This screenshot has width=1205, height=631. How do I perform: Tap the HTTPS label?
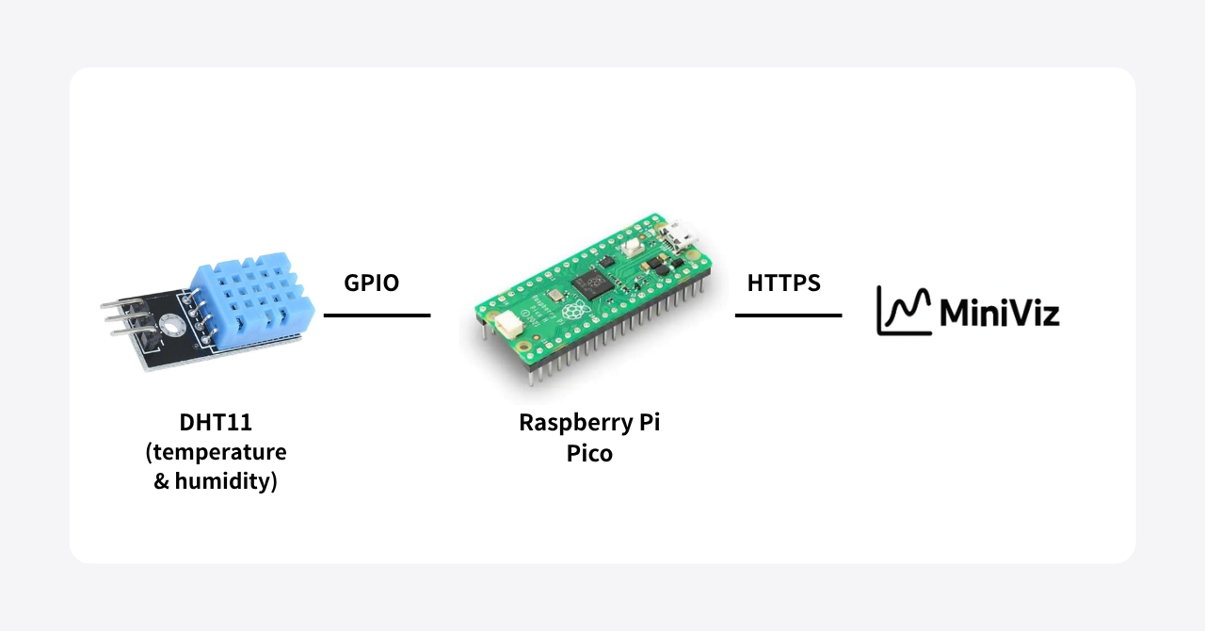pos(783,283)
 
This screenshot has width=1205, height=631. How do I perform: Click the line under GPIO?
pos(377,315)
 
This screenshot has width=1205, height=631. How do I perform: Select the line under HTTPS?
pos(788,315)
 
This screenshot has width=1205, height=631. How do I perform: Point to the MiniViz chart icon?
pos(905,311)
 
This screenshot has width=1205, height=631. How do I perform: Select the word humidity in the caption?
pos(227,484)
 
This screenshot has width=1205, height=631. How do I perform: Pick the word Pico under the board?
pos(589,454)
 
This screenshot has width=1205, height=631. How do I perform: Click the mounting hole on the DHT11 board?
pos(171,325)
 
